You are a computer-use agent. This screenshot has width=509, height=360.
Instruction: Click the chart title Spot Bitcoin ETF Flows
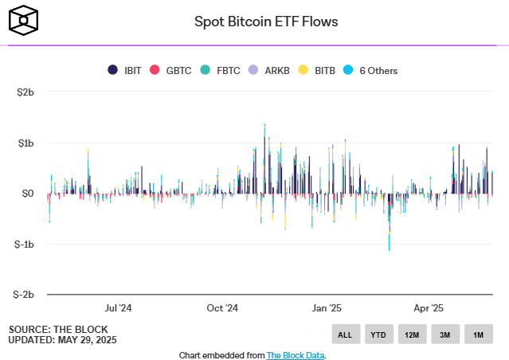266,22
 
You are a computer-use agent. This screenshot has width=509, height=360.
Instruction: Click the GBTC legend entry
171,70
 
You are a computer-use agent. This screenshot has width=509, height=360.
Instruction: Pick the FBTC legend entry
222,70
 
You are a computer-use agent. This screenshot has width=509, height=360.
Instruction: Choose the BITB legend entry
318,70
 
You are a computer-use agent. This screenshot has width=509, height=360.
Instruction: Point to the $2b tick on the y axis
25,92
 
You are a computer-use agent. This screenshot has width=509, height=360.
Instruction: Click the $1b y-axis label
25,143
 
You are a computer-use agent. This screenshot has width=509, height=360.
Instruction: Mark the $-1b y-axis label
24,244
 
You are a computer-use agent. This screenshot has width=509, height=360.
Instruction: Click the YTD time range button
378,335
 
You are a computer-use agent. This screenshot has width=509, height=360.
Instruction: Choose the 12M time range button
412,335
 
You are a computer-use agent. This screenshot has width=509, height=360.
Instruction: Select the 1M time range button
478,335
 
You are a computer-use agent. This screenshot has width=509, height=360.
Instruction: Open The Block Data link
296,355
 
